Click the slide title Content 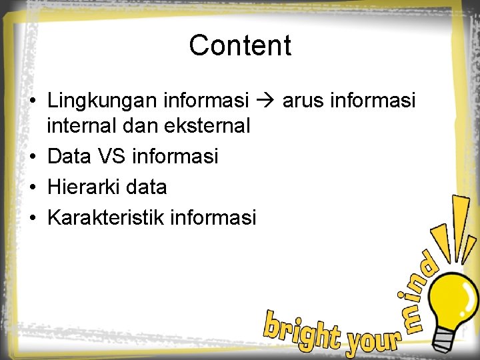240,46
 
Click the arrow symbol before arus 265,101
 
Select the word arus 304,101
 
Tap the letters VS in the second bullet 111,156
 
